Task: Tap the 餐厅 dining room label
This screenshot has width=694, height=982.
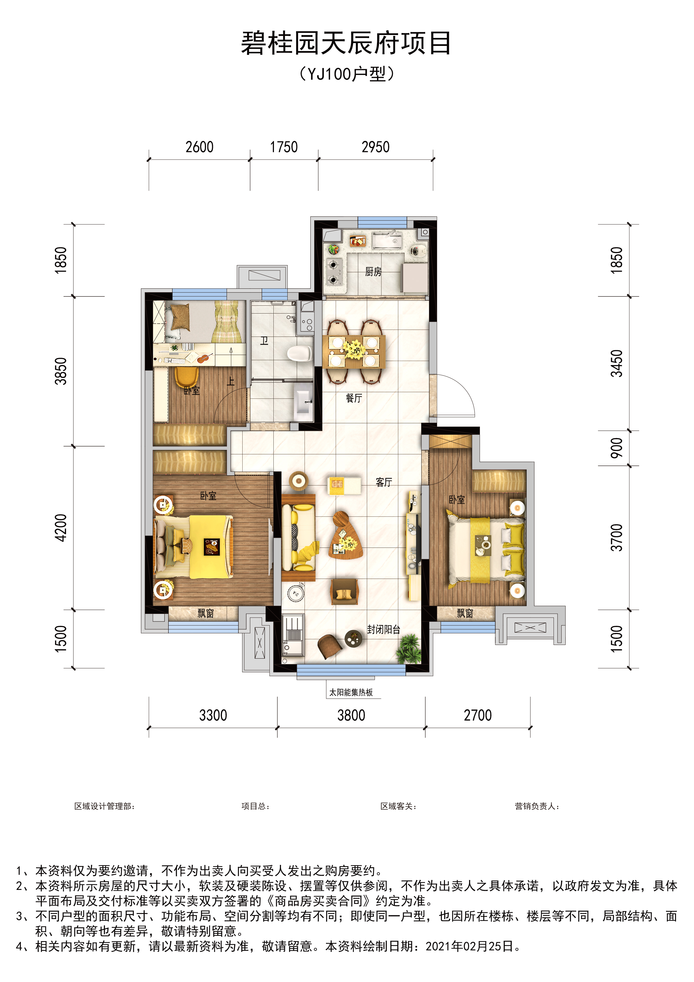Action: (x=354, y=398)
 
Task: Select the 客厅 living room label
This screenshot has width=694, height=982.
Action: (x=384, y=482)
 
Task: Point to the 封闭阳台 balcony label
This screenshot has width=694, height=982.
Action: (x=384, y=630)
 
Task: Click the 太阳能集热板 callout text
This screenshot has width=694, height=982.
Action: (x=351, y=693)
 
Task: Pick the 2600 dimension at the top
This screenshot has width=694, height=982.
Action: (x=199, y=147)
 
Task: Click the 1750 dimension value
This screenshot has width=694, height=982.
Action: (x=284, y=147)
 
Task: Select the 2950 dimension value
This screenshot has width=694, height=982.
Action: (x=376, y=147)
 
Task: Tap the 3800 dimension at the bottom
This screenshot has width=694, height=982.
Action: (x=351, y=715)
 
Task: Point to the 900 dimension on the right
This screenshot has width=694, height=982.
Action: (x=616, y=448)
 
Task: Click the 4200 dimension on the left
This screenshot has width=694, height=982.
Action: (x=61, y=528)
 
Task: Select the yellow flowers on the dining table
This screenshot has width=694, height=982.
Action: (x=354, y=349)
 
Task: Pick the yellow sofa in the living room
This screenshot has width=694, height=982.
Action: (x=299, y=538)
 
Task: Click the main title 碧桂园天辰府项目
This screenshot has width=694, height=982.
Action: (x=346, y=43)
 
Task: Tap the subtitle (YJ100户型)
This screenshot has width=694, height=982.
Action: (x=346, y=74)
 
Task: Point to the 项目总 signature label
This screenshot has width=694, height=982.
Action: (x=255, y=806)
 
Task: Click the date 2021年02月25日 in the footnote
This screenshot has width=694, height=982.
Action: (x=470, y=946)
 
